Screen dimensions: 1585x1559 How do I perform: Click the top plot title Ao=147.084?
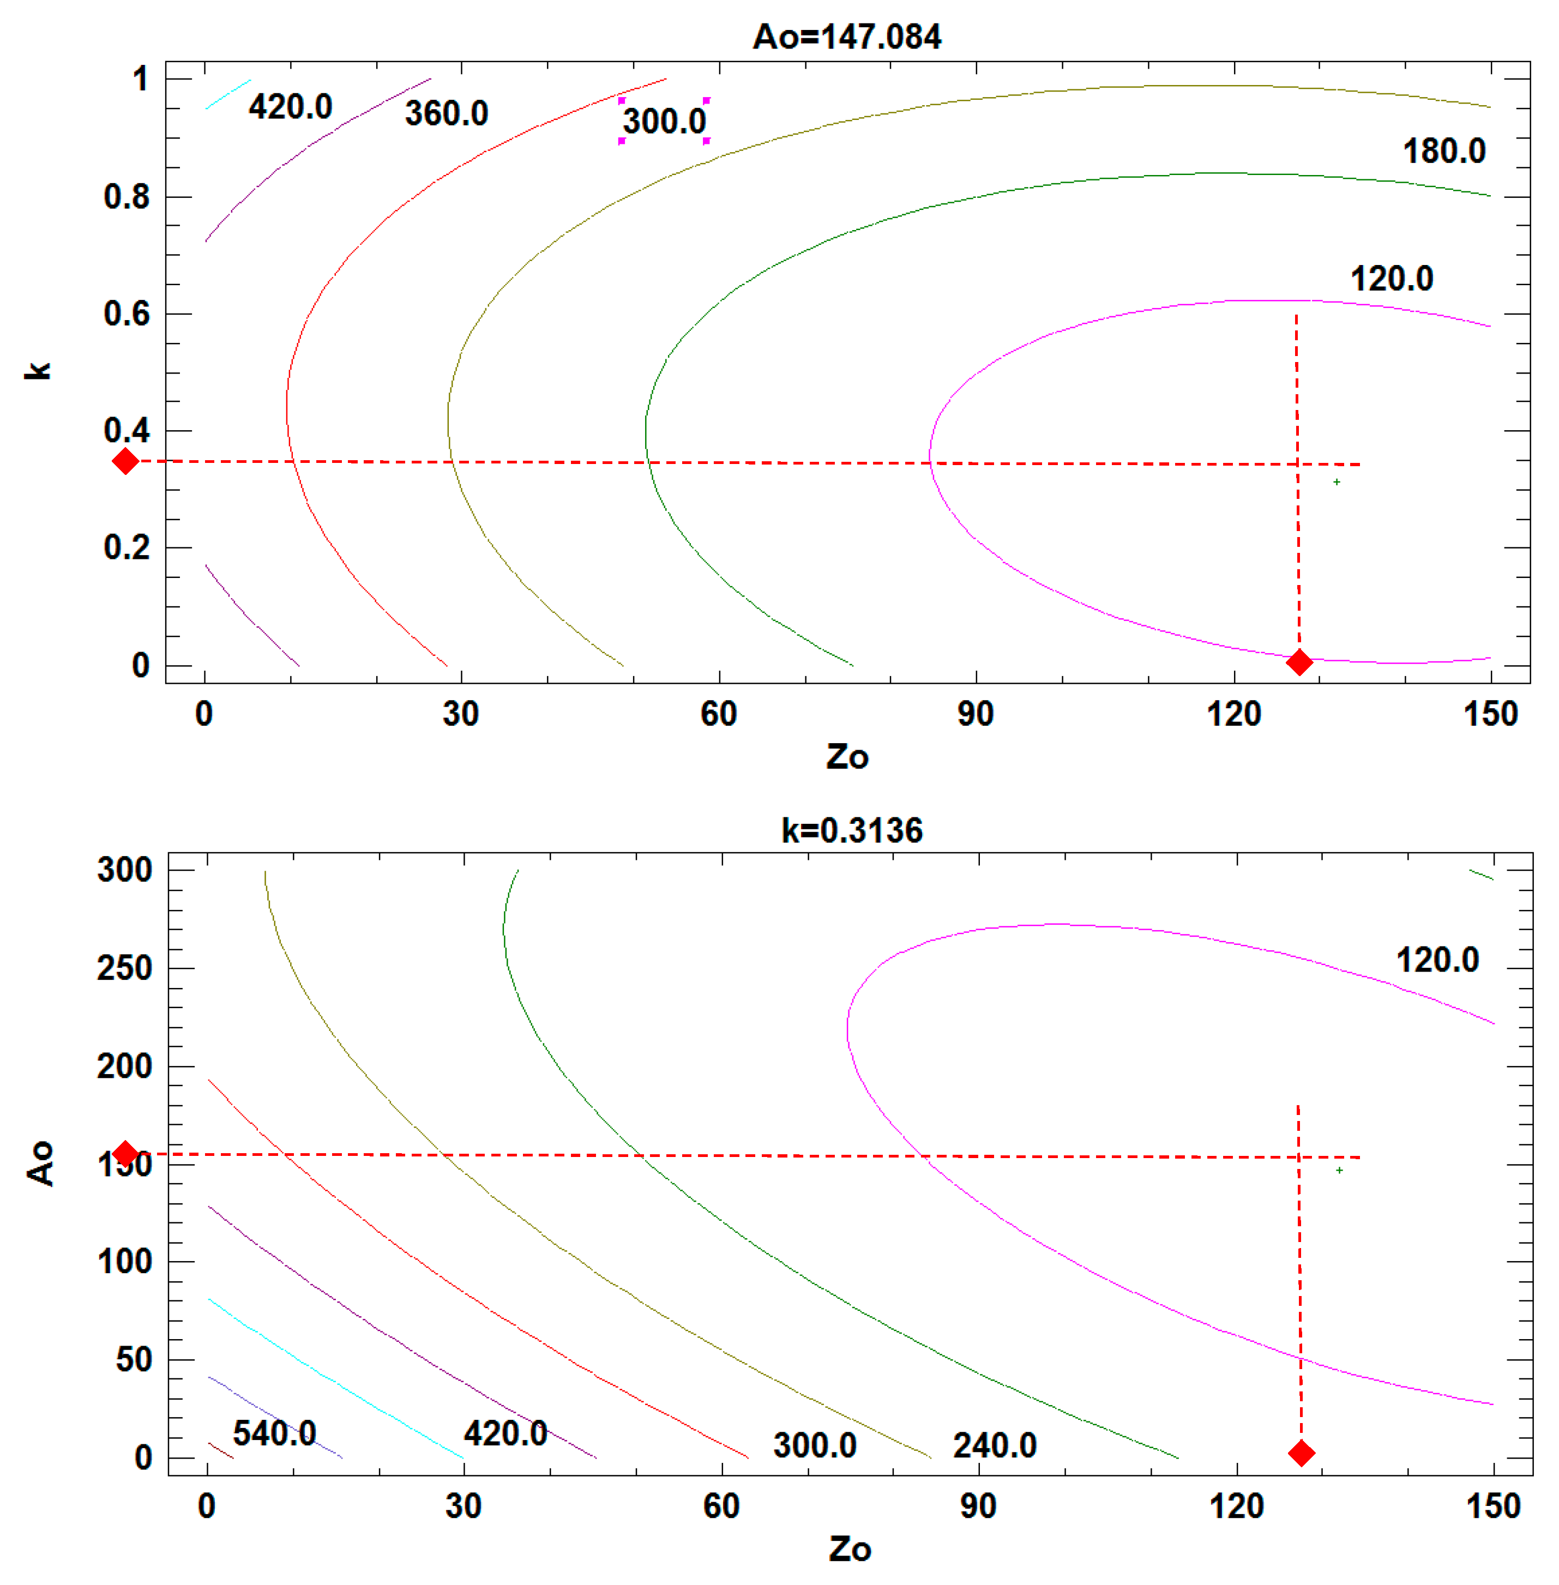click(847, 37)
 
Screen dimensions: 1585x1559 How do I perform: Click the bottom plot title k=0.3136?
click(852, 830)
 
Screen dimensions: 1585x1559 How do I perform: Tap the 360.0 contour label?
click(446, 113)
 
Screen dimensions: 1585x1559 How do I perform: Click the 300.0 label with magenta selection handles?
click(664, 121)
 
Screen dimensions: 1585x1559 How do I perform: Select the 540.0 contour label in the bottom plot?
click(274, 1433)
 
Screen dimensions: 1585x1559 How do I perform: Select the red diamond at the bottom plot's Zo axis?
click(1301, 1453)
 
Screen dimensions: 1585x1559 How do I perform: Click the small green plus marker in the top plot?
click(1337, 482)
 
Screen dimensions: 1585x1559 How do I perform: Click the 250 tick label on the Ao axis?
click(124, 968)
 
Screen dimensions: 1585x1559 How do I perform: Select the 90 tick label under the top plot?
click(975, 714)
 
